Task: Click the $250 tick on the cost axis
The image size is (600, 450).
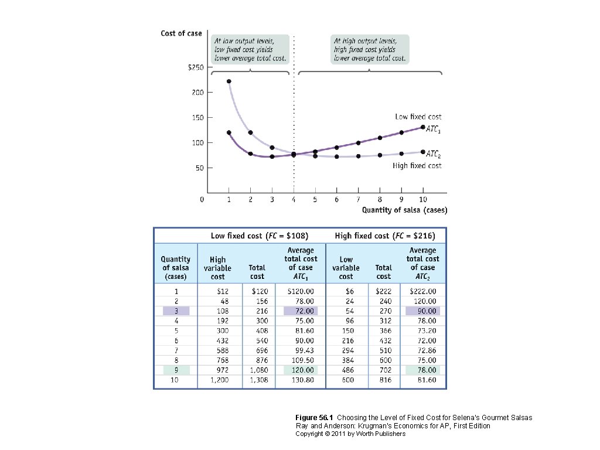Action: coord(196,68)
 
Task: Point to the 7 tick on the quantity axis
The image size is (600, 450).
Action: coord(358,200)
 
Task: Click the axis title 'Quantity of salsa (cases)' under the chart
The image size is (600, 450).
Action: coord(404,210)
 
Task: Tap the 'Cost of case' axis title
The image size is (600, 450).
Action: coord(181,33)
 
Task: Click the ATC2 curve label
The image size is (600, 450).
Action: coord(434,154)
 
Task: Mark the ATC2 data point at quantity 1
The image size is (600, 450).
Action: coord(229,81)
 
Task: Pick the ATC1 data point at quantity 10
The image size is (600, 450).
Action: coord(422,127)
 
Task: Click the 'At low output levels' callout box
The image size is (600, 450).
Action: coord(251,49)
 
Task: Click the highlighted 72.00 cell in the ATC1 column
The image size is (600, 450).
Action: coord(301,311)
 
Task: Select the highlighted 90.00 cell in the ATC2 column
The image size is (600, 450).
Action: coord(422,311)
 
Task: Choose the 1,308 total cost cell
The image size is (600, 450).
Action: coord(257,380)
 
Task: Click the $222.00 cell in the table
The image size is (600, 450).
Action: coord(422,291)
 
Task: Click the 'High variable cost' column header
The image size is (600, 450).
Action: coord(217,268)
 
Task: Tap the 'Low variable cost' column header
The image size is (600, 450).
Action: coord(346,268)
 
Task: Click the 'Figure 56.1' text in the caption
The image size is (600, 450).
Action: coord(315,418)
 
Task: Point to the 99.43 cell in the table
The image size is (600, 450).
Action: coord(301,350)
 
